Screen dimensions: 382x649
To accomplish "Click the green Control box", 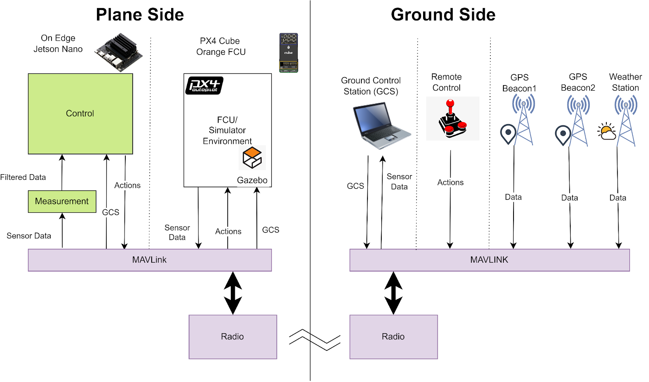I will pos(80,114).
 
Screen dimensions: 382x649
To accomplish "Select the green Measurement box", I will pos(62,201).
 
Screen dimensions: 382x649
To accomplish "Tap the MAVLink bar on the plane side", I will pos(150,260).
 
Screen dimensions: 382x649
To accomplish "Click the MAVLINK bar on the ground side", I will pos(489,260).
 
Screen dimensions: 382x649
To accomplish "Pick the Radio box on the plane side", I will pos(233,337).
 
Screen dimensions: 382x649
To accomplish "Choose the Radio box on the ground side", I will pos(393,337).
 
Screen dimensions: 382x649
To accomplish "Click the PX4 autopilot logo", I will pos(204,85).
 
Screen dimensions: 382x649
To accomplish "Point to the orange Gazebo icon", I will pos(252,158).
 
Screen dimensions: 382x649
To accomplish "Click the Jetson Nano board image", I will pos(118,53).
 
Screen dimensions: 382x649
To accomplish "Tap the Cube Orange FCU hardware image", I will pos(288,53).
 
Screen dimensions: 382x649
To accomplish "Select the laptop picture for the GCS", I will pos(381,125).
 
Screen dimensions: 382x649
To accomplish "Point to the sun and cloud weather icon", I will pos(607,131).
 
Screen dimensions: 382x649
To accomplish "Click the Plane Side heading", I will pos(140,15).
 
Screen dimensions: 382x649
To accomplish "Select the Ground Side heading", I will pos(443,15).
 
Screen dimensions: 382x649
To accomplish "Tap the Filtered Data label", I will pos(23,177).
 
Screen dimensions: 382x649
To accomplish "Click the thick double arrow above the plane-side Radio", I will pos(233,293).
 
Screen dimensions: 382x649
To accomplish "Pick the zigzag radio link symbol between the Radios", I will pos(315,340).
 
